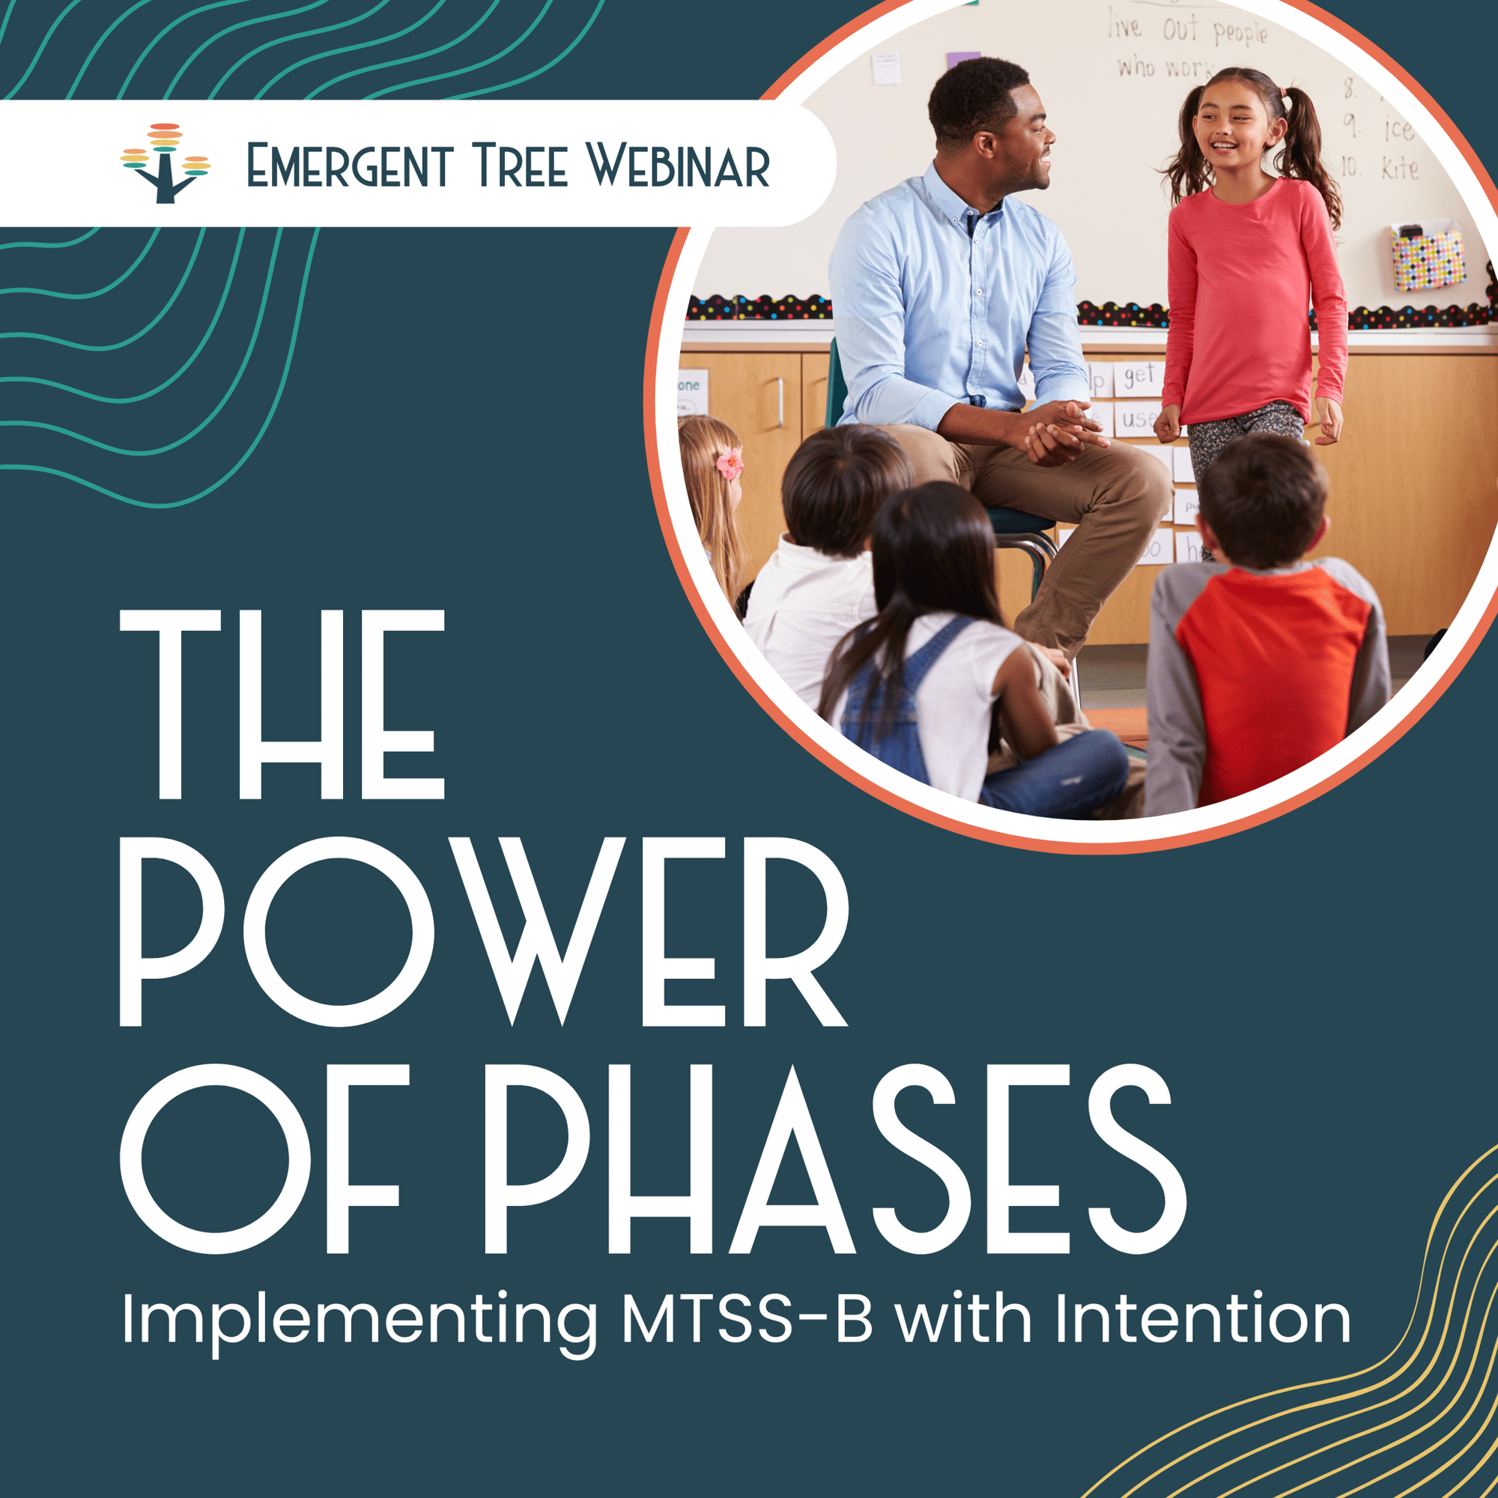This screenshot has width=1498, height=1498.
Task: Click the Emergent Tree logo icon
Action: point(164,163)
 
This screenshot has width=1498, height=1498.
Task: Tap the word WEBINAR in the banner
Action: point(677,166)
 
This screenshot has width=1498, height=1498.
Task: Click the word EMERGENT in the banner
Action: point(349,166)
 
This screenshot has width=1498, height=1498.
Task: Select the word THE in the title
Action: point(282,704)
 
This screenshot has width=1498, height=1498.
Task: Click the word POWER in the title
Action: point(483,931)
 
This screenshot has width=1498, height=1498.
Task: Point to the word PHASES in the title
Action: point(834,1159)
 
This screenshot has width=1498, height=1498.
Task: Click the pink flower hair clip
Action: point(730,463)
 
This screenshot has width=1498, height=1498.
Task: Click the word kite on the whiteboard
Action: point(1400,168)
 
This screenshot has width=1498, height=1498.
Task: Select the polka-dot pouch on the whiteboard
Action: point(1427,258)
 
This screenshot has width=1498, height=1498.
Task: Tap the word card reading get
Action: point(1139,377)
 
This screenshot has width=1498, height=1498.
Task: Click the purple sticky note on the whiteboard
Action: point(963,60)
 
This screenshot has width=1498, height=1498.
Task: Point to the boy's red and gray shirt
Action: point(1272,667)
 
